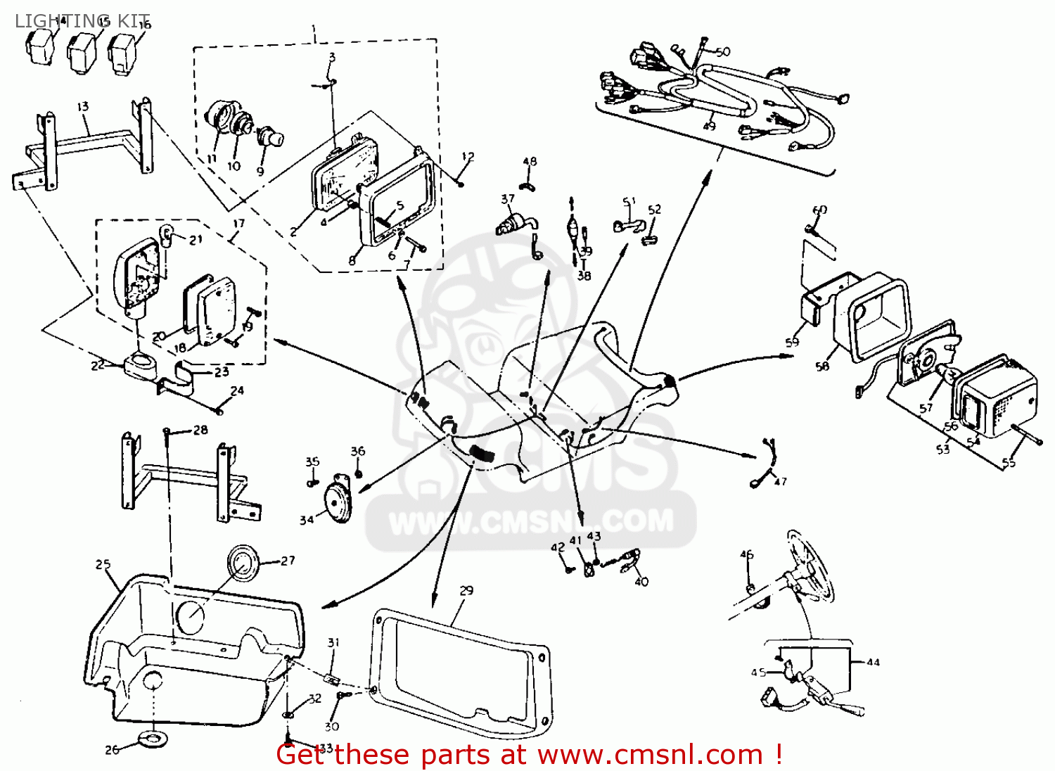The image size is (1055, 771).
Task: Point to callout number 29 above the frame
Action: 466,590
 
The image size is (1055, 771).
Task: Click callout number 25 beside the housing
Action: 103,564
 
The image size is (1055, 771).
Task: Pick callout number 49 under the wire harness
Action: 709,126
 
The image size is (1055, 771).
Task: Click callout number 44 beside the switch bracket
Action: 873,662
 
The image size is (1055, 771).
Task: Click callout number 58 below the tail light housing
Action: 822,366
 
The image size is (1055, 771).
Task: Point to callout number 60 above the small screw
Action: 819,210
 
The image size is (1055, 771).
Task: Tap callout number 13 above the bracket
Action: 83,106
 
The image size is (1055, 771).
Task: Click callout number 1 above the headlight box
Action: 314,30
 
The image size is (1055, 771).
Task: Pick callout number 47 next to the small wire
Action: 780,481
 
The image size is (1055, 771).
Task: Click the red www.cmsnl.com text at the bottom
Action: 651,755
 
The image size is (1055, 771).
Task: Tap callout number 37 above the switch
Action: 507,199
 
